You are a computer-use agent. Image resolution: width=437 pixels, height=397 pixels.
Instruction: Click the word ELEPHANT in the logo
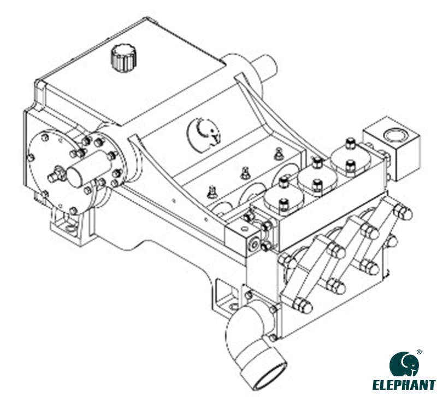(404, 385)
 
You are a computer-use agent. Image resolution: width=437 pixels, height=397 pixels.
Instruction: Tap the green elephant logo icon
(404, 364)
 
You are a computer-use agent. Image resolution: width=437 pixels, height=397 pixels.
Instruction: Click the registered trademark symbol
(419, 352)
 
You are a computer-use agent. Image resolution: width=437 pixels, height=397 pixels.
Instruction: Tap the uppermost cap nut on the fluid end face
(403, 212)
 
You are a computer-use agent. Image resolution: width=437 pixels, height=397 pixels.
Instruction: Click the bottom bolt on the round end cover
(74, 211)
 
